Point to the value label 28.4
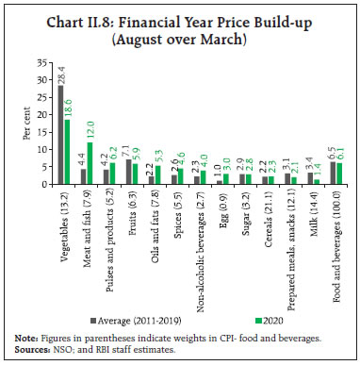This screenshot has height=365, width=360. (61, 76)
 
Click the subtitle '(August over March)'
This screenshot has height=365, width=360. (179, 40)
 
